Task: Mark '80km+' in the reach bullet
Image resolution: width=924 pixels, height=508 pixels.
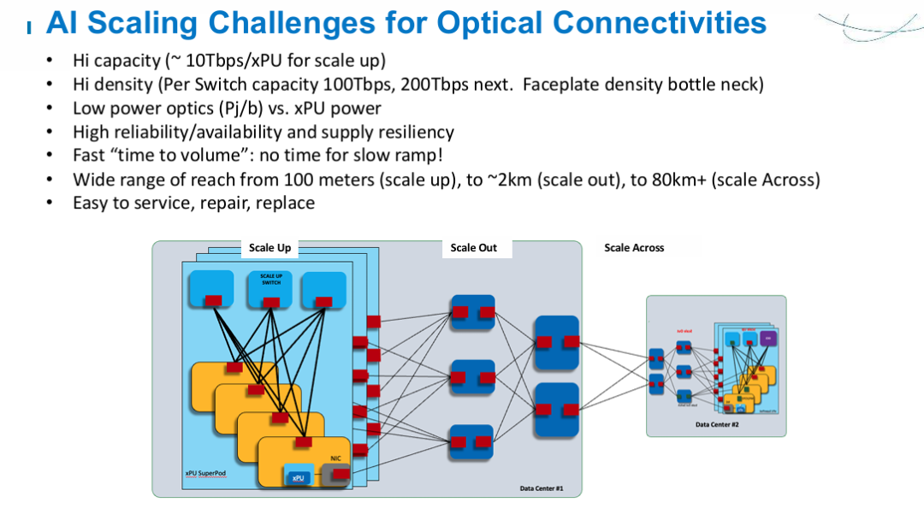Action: point(659,180)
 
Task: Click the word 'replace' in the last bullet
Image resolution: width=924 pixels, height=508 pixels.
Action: point(282,204)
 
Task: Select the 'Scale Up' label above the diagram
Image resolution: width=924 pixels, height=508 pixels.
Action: point(269,248)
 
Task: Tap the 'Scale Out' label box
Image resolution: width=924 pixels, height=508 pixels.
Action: point(474,248)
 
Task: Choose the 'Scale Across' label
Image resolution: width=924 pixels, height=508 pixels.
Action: point(634,248)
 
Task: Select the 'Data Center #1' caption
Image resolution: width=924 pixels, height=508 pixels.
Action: point(541,488)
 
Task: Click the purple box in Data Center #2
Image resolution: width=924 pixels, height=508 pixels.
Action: point(767,338)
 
